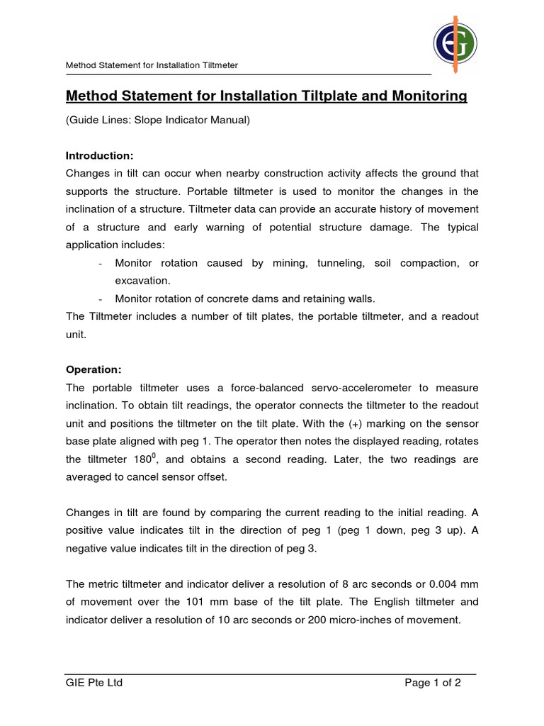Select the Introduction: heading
(100, 155)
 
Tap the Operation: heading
(94, 369)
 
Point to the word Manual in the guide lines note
(230, 121)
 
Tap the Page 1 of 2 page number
(433, 683)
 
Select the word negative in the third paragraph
(89, 548)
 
